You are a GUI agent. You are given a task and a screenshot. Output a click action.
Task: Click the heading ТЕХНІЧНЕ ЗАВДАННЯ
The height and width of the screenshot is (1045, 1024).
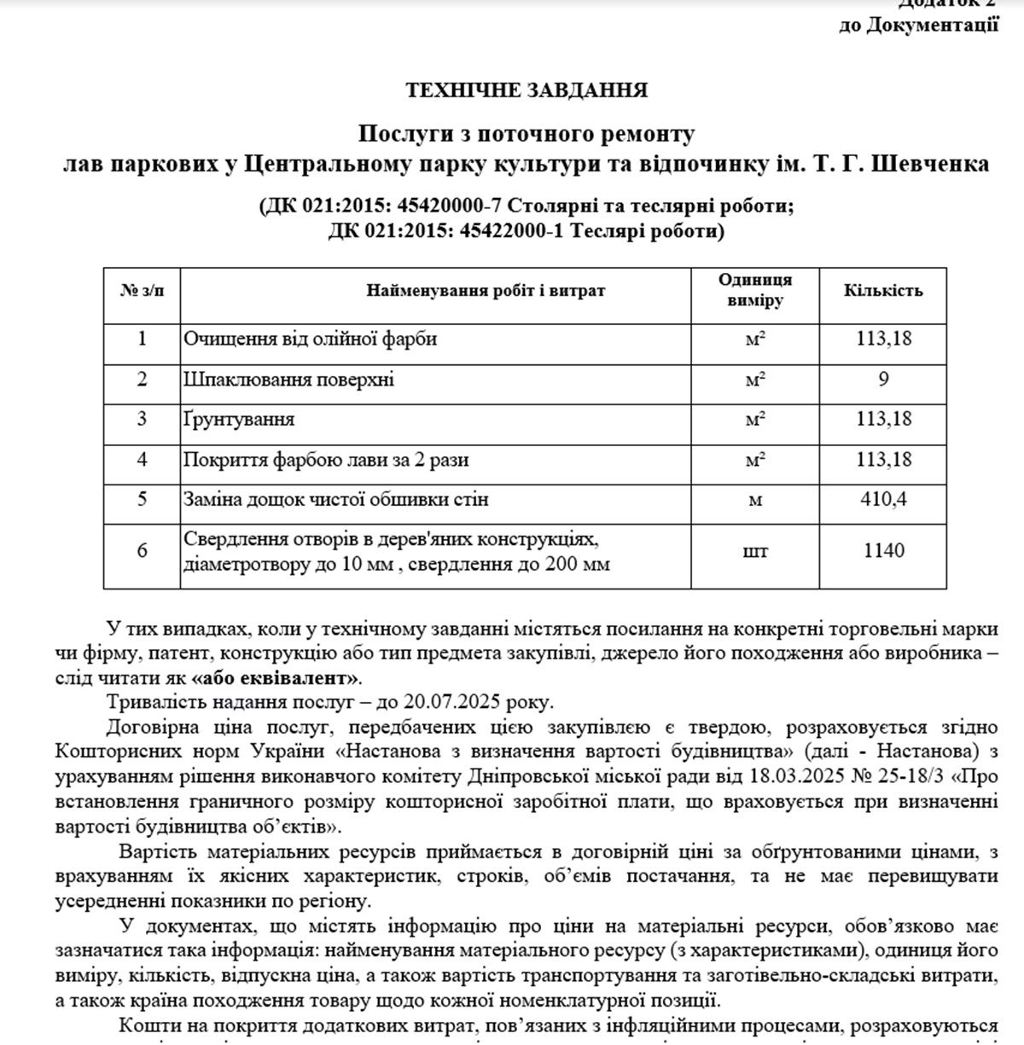click(x=526, y=90)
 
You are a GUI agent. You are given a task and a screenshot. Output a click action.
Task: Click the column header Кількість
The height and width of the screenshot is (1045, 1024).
click(x=883, y=290)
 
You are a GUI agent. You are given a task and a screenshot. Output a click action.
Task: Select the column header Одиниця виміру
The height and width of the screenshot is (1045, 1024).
click(x=754, y=290)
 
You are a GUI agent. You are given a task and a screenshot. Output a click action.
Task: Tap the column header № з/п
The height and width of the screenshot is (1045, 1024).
click(x=142, y=290)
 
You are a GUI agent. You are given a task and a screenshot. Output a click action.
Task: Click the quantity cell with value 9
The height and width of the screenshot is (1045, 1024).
click(x=883, y=379)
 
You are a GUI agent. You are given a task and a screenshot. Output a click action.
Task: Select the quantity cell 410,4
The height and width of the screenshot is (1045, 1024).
click(x=883, y=499)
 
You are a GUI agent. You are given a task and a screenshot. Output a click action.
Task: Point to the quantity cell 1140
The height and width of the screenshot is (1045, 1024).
click(x=883, y=551)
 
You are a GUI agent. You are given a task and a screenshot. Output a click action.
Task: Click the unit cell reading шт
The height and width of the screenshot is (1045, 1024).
click(x=754, y=551)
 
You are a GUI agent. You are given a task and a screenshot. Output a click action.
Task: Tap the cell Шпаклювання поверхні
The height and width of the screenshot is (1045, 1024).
click(x=288, y=379)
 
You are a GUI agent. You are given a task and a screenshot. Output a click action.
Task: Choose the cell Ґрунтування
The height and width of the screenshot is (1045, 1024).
click(x=239, y=420)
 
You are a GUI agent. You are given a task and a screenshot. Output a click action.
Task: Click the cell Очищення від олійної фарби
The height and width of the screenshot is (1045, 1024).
click(x=310, y=339)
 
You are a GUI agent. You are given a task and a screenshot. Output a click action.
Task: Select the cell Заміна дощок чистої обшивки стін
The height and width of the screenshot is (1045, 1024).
click(x=335, y=499)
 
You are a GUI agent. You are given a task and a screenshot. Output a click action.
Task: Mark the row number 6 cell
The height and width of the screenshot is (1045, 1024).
click(x=142, y=551)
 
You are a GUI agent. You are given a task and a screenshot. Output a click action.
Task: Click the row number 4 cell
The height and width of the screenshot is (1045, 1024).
click(x=142, y=460)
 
